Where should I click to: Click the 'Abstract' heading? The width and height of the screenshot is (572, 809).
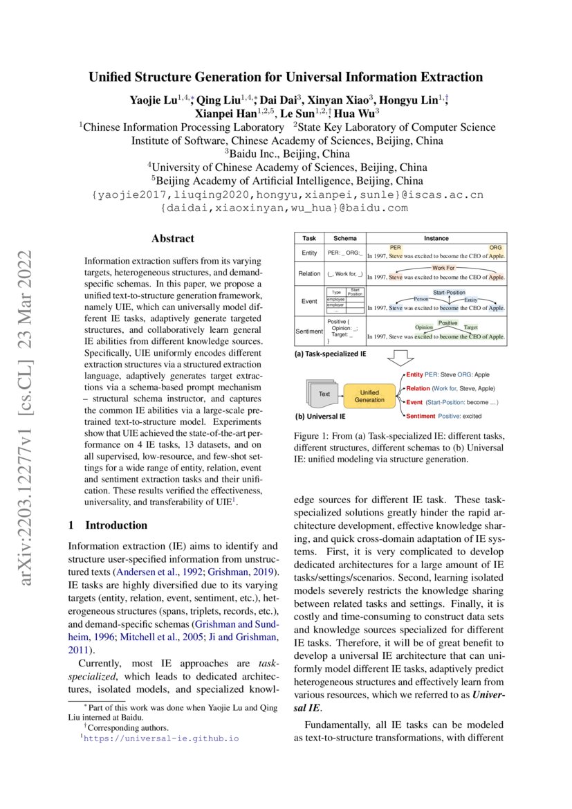[x=173, y=239]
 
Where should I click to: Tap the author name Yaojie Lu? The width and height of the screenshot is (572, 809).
[x=154, y=100]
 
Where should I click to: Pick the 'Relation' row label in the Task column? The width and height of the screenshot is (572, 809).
[x=308, y=274]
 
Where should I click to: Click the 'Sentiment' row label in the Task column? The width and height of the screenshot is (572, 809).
[x=308, y=332]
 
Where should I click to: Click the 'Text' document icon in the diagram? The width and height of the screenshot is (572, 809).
[x=324, y=394]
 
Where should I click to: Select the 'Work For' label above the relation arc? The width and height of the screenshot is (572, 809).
[x=443, y=266]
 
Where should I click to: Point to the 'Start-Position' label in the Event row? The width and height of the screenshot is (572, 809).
[x=449, y=293]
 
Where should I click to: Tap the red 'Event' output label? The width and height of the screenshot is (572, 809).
[x=414, y=402]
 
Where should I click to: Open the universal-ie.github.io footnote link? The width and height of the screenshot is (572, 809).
[x=160, y=738]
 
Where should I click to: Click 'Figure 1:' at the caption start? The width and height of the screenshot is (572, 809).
[x=315, y=435]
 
